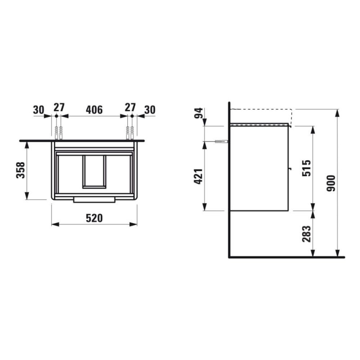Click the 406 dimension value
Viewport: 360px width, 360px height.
tap(94, 109)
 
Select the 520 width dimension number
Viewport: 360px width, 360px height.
tap(94, 218)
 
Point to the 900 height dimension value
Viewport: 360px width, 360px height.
tap(332, 183)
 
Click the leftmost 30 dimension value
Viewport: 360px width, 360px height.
tap(39, 109)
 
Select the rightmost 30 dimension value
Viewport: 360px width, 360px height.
tap(149, 109)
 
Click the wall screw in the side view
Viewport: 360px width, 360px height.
tap(220, 142)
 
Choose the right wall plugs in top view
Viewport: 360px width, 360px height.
tap(130, 132)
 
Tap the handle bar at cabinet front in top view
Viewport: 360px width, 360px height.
tap(94, 199)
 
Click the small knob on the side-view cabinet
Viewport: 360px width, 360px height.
tap(289, 169)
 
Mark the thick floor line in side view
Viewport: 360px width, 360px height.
tap(286, 257)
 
